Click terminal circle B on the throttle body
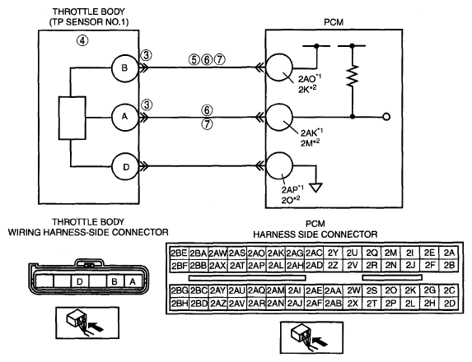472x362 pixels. (x=125, y=68)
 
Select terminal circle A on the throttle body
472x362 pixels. (x=125, y=117)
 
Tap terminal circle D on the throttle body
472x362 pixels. (x=125, y=166)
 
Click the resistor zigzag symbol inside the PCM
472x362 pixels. (x=353, y=76)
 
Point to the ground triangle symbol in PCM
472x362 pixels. (x=316, y=188)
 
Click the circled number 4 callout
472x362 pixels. (x=82, y=40)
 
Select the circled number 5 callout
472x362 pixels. (x=194, y=60)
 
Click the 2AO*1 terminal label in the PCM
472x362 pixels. (x=310, y=79)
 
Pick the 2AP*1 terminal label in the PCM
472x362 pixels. (x=292, y=189)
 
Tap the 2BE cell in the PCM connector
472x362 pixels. (x=179, y=253)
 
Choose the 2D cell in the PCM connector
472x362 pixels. (x=449, y=304)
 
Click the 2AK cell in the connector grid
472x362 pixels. (x=276, y=253)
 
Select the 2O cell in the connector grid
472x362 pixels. (x=390, y=290)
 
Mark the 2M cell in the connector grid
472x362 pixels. (x=390, y=253)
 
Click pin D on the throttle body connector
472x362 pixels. (x=80, y=281)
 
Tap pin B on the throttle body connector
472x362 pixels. (x=114, y=281)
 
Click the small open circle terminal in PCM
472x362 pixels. (x=386, y=117)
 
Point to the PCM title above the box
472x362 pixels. (x=334, y=22)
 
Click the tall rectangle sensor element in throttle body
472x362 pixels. (x=72, y=118)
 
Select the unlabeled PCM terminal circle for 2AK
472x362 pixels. (x=279, y=118)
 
